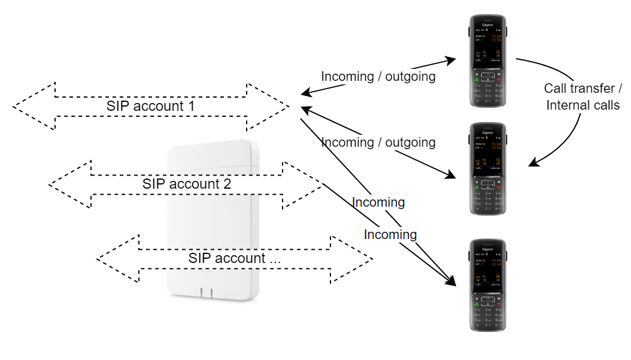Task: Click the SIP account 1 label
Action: [151, 106]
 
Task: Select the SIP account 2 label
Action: [186, 183]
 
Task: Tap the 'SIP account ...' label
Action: [233, 259]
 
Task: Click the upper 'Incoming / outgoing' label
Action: [378, 77]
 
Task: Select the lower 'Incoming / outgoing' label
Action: [378, 143]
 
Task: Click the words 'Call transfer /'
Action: [583, 89]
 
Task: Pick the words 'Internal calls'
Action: [583, 105]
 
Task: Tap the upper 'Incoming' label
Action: [378, 202]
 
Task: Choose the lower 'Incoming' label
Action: [390, 234]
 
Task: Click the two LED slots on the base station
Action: [206, 292]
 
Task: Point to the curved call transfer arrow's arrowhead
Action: [532, 164]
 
